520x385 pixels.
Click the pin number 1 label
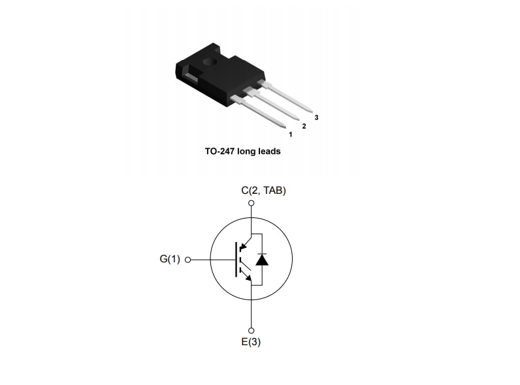291,134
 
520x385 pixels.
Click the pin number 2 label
304,126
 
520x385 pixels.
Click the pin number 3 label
316,117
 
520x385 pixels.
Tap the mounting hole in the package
210,63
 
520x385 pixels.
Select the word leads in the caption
268,151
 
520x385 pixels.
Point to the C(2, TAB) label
263,191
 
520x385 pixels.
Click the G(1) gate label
169,259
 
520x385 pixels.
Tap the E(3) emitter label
251,342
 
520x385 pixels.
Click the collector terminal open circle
251,204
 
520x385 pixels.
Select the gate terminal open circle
188,260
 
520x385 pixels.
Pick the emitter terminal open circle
251,329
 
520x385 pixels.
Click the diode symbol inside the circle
262,259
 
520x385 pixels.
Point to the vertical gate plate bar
236,259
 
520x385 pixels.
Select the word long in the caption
247,151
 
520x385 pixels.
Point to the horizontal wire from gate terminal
212,260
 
